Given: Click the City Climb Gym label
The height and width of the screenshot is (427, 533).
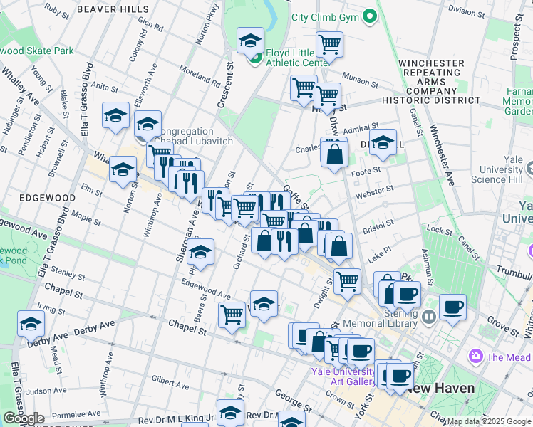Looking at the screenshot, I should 323,16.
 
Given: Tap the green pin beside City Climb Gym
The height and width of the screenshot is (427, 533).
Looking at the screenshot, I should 368,16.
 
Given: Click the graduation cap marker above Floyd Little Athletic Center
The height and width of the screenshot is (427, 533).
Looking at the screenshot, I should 250,41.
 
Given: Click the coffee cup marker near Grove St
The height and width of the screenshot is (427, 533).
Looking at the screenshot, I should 452,307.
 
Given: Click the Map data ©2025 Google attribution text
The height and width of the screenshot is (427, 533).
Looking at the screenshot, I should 489,421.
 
